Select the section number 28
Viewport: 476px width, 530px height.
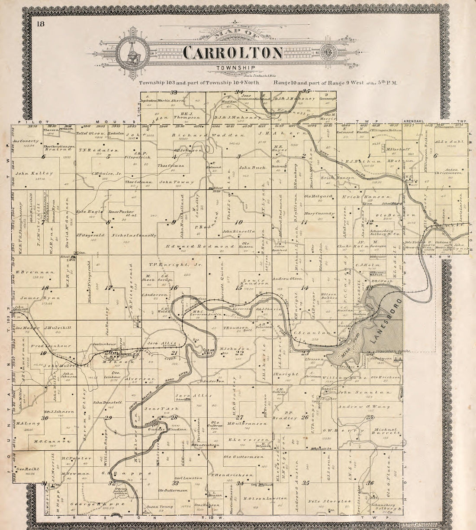pyautogui.click(x=174, y=418)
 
